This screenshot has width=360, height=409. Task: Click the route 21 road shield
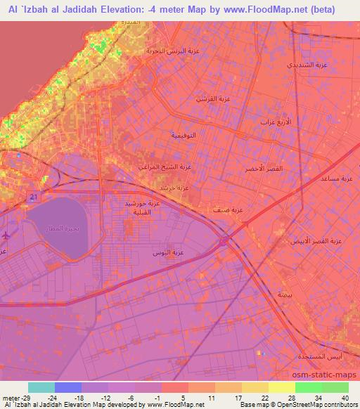(x=33, y=198)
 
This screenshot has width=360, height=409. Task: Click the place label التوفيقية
(x=184, y=134)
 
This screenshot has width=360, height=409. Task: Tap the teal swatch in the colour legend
(x=41, y=387)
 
